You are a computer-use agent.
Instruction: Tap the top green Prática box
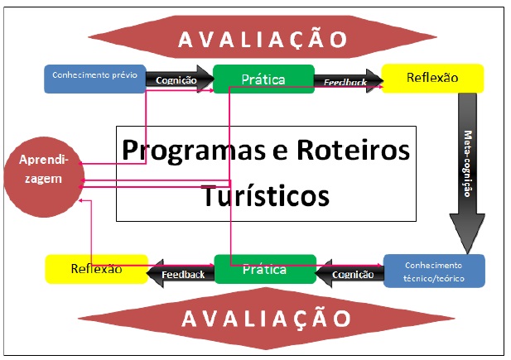click(263, 79)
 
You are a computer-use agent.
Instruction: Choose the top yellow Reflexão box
click(432, 79)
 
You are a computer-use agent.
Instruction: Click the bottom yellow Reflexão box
click(96, 269)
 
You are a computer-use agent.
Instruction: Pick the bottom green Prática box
click(263, 270)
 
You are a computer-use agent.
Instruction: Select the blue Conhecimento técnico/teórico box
click(434, 271)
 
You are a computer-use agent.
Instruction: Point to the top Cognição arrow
click(176, 79)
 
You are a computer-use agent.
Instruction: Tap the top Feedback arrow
click(347, 80)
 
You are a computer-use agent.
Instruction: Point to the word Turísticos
click(265, 195)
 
